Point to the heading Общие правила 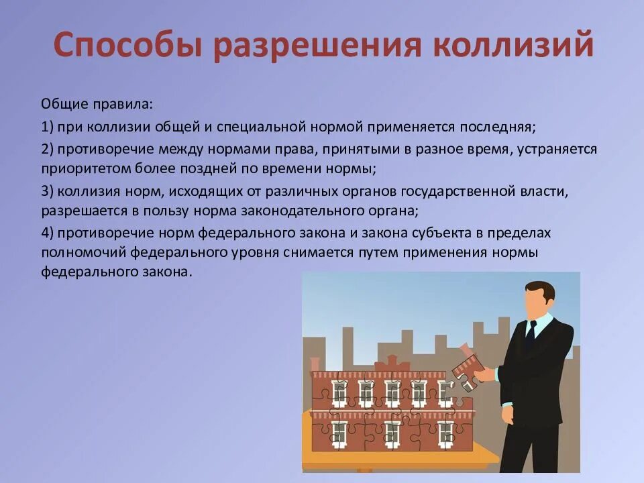click(x=97, y=105)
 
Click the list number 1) click(x=48, y=127)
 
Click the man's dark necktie click(x=530, y=335)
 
